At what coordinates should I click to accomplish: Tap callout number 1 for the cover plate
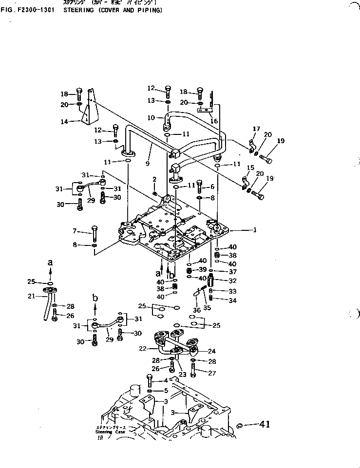click(254, 229)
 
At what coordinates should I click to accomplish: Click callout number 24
click(212, 351)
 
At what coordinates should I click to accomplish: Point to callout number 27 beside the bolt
click(212, 373)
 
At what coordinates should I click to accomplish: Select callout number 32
click(232, 281)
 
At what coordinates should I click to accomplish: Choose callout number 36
click(196, 310)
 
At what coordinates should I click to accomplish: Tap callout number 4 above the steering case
click(166, 380)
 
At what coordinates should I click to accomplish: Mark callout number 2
click(154, 179)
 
